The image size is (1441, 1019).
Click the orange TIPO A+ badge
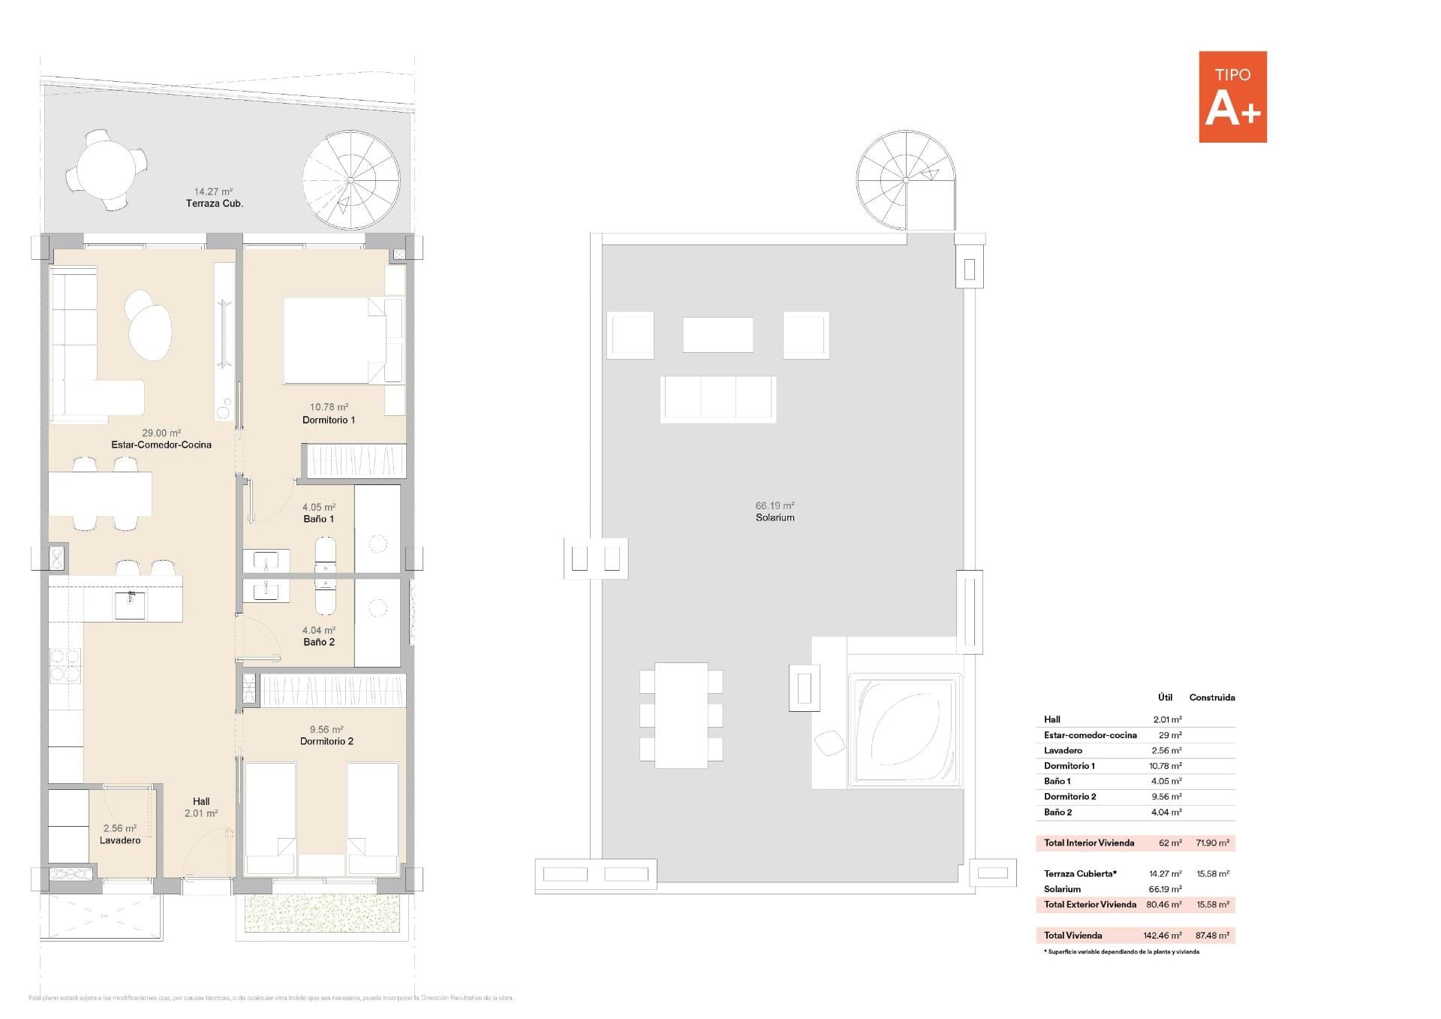(1232, 97)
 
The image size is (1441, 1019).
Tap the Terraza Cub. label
(215, 203)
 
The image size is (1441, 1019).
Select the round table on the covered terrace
(106, 170)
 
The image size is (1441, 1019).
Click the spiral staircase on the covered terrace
(350, 180)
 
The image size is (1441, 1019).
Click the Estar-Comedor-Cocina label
(161, 445)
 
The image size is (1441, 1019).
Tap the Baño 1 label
(319, 519)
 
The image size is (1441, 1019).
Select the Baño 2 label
(319, 642)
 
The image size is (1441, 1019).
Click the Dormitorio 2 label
(326, 741)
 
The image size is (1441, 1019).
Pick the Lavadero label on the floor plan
(120, 840)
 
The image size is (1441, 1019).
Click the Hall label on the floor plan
(201, 801)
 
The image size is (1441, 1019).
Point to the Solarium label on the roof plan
(775, 517)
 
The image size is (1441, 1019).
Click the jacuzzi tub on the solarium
(904, 730)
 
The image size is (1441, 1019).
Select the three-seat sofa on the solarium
(717, 399)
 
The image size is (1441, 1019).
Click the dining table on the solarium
(681, 715)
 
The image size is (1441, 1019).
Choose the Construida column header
(1211, 698)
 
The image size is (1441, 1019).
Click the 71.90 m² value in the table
(1212, 843)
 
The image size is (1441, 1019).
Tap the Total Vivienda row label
(1072, 936)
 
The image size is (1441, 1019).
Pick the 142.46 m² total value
(1162, 936)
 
